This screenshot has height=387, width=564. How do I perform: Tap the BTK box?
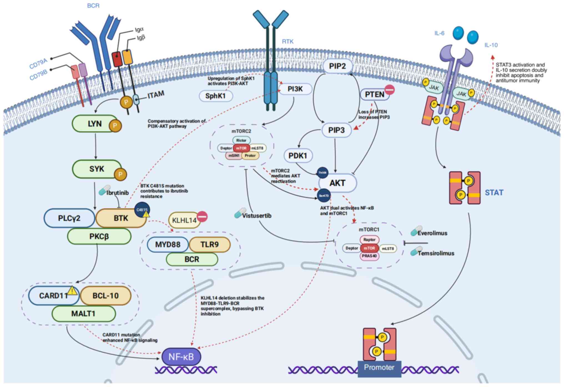(121, 218)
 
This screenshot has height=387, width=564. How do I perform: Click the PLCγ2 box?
(69, 218)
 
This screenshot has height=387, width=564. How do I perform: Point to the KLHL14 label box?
(184, 220)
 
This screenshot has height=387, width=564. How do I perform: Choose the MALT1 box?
(83, 314)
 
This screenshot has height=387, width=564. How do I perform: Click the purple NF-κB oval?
(181, 357)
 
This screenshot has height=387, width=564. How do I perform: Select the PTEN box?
(374, 95)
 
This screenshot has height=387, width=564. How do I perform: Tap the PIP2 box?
(337, 66)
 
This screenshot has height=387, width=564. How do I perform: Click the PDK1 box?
(298, 156)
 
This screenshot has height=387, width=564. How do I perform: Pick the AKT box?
(338, 183)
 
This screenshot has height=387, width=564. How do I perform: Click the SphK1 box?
(216, 96)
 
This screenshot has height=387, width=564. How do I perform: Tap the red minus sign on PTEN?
(389, 90)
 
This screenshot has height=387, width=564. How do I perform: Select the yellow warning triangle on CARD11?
(72, 291)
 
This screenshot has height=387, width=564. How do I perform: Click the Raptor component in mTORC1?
(369, 240)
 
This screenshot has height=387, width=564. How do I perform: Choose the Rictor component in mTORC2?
(241, 140)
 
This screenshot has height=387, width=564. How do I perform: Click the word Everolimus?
(432, 233)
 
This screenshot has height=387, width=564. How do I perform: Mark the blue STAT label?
(494, 192)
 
